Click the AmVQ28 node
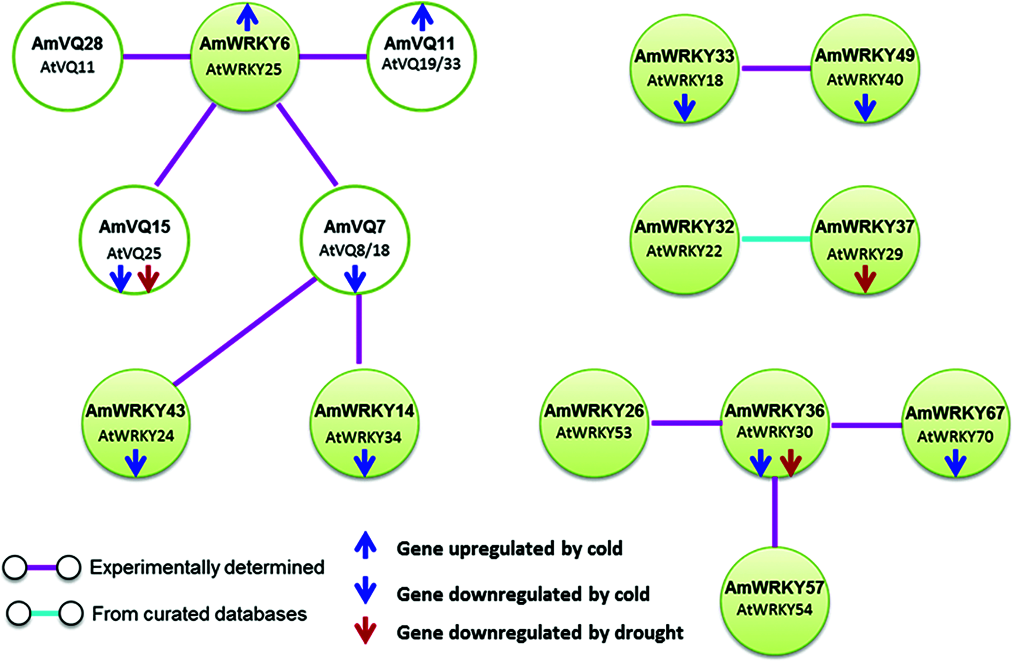[x=67, y=56]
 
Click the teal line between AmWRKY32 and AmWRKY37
[x=776, y=239]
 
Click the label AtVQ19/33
[x=421, y=64]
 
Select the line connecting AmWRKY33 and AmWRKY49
[x=776, y=69]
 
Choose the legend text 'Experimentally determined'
[x=207, y=567]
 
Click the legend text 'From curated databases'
[x=199, y=614]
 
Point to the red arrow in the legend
[x=365, y=630]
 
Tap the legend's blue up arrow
[x=365, y=545]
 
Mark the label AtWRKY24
[x=136, y=436]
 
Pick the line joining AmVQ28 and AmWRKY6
[x=157, y=56]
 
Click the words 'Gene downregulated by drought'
[x=540, y=633]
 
